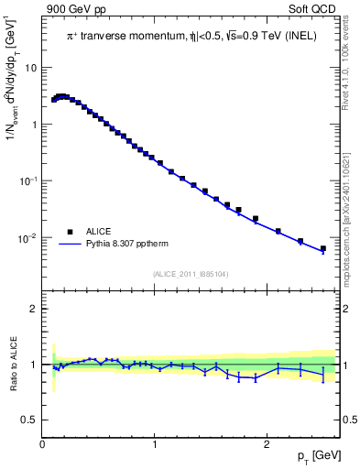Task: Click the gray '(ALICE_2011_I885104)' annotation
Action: [x=190, y=274]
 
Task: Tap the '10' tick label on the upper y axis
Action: [x=31, y=68]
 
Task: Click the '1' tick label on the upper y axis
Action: [x=34, y=125]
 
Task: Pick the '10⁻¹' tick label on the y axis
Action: [x=29, y=180]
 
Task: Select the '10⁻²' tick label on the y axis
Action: [x=29, y=237]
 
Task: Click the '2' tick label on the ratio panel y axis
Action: [x=34, y=309]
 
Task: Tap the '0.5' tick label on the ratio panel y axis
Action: [x=30, y=420]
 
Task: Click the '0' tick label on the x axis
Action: [x=43, y=444]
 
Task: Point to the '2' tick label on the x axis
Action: [x=267, y=444]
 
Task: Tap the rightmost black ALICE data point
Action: [x=323, y=248]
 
